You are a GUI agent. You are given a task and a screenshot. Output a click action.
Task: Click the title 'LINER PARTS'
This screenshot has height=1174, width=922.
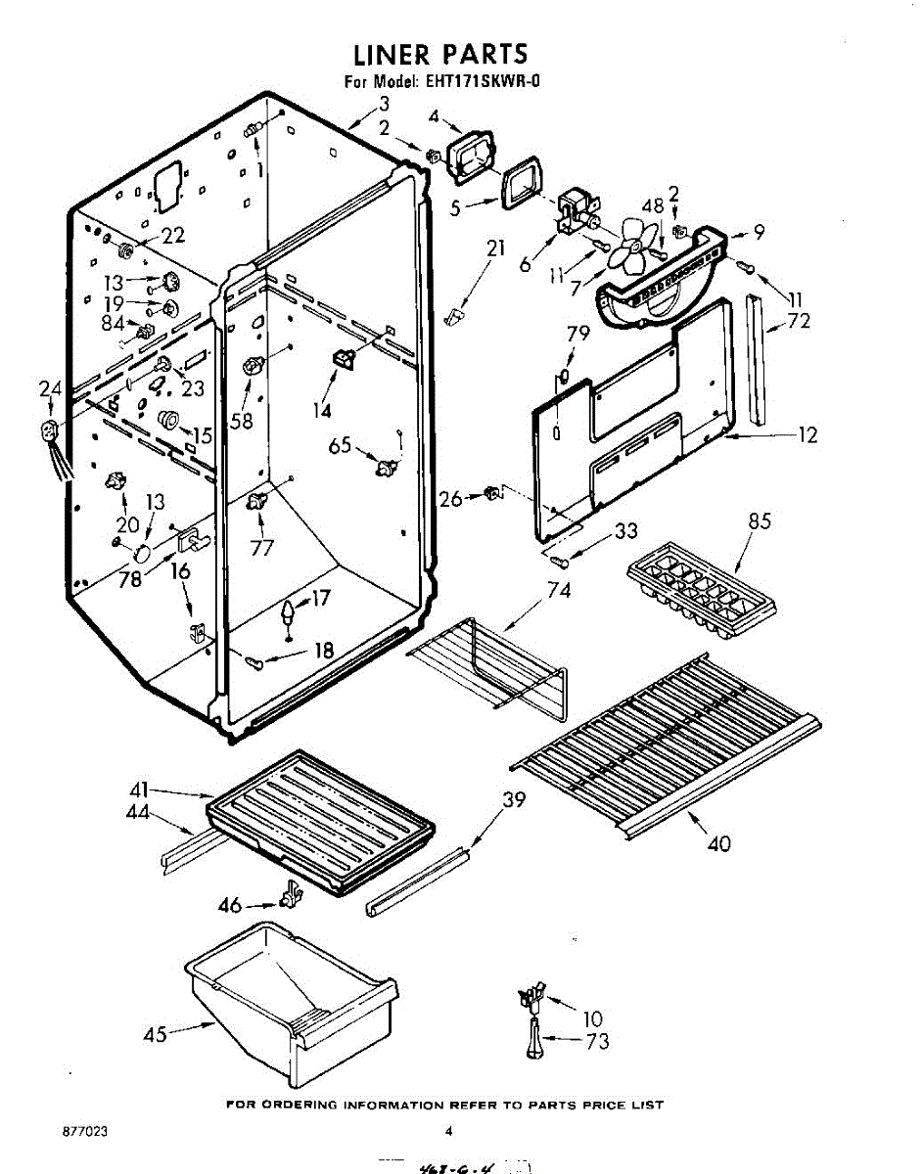[x=439, y=53]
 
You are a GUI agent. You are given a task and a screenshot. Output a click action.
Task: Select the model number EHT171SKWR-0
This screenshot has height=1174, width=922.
[x=482, y=82]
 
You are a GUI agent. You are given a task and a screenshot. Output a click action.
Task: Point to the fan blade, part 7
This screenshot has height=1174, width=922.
[x=626, y=252]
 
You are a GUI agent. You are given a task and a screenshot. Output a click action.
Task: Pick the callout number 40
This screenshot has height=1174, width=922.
[x=717, y=842]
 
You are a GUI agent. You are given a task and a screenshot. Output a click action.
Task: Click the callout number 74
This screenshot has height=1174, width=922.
[x=559, y=590]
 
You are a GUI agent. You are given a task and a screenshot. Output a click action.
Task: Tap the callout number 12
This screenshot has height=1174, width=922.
[x=807, y=435]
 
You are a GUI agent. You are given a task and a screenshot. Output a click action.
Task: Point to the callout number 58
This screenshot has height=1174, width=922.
[x=241, y=421]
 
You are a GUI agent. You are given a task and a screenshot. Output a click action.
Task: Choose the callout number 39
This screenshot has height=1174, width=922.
[x=513, y=800]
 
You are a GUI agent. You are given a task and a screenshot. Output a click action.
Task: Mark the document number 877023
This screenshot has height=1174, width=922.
[x=83, y=1132]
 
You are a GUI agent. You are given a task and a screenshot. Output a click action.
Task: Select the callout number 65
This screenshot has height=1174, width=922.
[x=339, y=446]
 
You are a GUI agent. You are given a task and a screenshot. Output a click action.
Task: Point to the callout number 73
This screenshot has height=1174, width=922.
[x=597, y=1041]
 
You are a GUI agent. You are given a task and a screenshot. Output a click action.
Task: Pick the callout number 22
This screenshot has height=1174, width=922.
[x=172, y=235]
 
